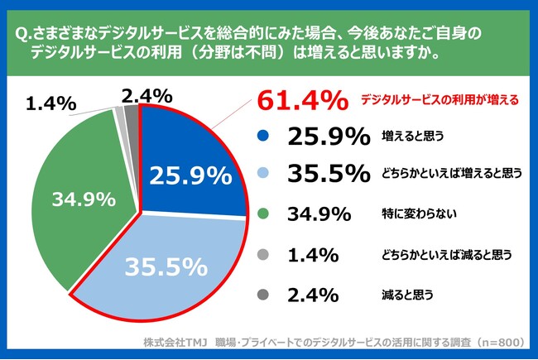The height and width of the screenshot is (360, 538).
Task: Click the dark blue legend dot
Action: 263,137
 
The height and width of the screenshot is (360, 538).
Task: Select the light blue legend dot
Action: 263,175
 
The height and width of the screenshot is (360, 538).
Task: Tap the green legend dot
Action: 263,215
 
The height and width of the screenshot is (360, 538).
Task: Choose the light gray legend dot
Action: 263,254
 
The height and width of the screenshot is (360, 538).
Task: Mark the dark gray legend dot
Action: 263,294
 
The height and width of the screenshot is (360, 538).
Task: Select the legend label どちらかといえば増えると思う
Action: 452,175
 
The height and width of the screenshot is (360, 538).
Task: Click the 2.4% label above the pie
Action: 146,94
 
